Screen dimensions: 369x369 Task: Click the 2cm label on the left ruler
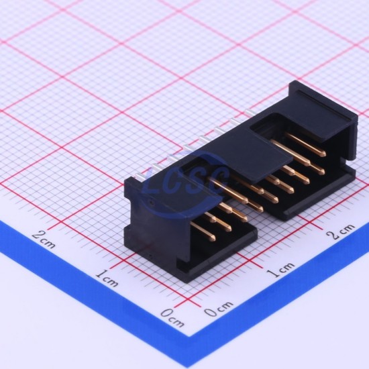[x=44, y=239]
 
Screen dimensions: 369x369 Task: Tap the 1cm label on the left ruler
[x=107, y=278]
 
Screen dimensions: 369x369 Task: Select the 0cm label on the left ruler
[x=172, y=318]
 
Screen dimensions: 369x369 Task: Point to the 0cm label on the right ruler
[x=219, y=308]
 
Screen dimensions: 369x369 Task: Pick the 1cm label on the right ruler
[x=280, y=270]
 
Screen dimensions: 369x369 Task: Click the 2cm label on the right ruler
[x=340, y=231]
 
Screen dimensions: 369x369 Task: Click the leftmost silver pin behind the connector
[x=140, y=177]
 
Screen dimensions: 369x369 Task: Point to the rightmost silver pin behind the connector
[x=251, y=113]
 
